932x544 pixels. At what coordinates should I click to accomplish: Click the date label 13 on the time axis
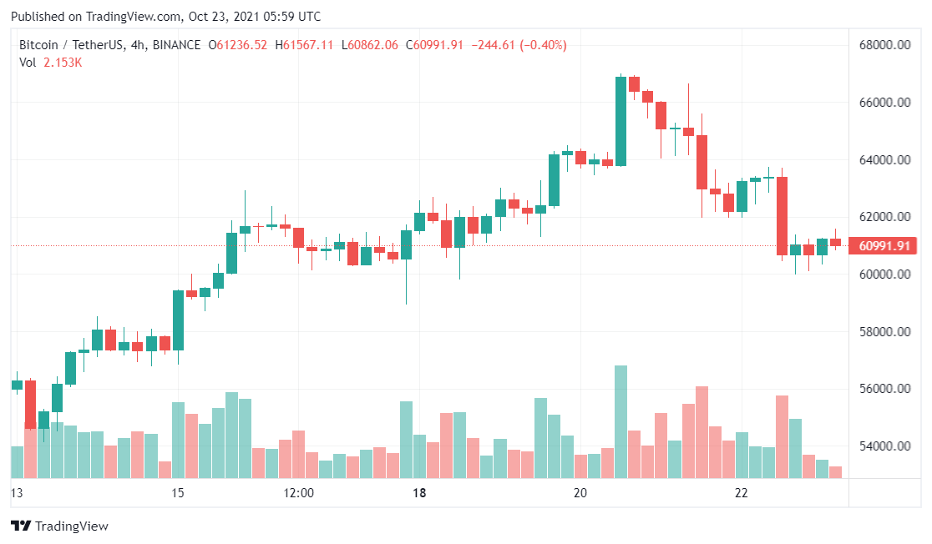pos(16,493)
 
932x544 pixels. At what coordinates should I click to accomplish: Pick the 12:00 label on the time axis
pos(298,493)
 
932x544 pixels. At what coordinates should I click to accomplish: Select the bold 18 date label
pos(419,493)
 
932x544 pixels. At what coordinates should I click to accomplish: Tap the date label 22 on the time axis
pos(741,493)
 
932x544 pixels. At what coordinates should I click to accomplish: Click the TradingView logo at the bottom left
pos(59,526)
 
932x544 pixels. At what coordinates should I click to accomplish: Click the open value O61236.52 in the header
pos(237,45)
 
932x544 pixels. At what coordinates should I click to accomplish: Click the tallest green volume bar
pos(620,421)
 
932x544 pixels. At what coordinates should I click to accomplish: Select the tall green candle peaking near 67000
pos(620,121)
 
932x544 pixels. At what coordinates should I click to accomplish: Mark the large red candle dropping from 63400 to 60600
pos(782,215)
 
